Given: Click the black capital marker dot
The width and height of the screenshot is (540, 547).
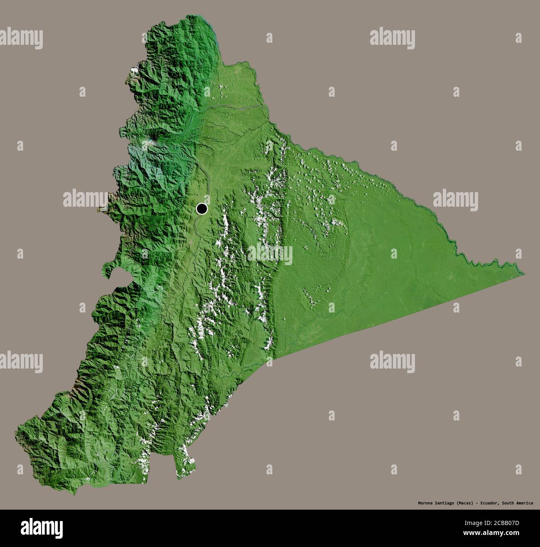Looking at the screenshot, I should [202, 209].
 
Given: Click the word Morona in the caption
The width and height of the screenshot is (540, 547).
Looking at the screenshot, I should [425, 503].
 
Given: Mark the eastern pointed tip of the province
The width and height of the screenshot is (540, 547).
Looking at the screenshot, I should [524, 274].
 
